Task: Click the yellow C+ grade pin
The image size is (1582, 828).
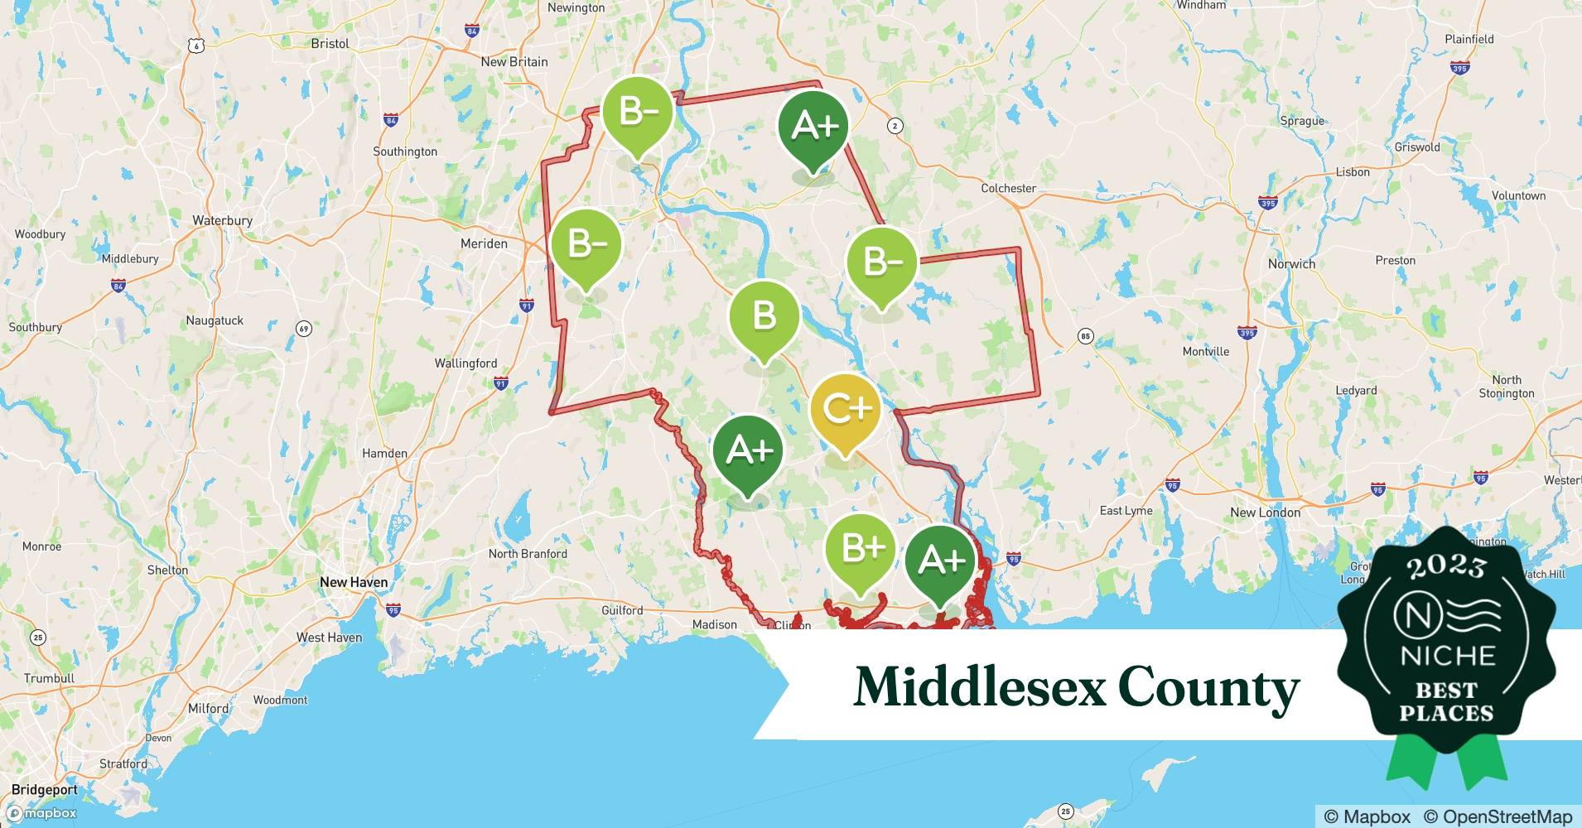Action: pos(844,409)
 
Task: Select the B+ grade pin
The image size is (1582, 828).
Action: pos(861,549)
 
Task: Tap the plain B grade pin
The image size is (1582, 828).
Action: pos(764,316)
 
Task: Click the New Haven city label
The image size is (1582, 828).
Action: pos(354,582)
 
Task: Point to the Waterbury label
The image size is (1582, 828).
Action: pos(222,220)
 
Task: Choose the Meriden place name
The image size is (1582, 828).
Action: pos(484,243)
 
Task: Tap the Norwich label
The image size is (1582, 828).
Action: pos(1291,264)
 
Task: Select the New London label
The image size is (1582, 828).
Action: pos(1265,513)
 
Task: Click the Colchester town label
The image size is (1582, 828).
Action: pos(1008,188)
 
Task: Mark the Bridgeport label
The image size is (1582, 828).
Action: pos(45,790)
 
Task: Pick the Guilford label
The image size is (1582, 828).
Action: pos(622,610)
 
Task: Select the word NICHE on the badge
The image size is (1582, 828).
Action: pos(1447,656)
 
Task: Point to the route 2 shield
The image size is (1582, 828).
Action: pos(895,126)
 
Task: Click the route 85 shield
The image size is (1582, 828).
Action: pos(1085,336)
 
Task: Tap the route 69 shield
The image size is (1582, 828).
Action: pos(304,330)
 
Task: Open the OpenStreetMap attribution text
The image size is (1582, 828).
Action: pos(1498,816)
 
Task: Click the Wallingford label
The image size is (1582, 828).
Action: pos(465,363)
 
